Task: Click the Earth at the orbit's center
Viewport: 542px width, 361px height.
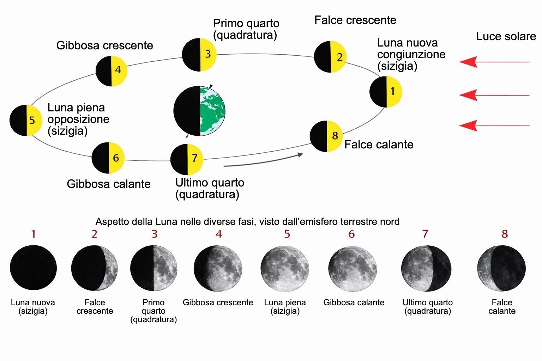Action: click(x=199, y=111)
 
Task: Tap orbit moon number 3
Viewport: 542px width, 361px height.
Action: click(x=199, y=55)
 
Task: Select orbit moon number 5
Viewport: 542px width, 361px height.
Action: click(x=26, y=121)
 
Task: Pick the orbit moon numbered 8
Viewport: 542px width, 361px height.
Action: click(x=326, y=136)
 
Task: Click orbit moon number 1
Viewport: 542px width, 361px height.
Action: click(x=386, y=92)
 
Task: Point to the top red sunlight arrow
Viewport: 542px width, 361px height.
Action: click(x=494, y=62)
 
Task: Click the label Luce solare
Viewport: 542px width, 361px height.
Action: click(x=506, y=37)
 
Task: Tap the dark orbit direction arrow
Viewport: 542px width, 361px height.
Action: click(x=263, y=160)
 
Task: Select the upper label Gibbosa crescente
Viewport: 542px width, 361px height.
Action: click(x=104, y=45)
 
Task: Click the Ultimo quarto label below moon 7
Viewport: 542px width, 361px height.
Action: click(x=210, y=189)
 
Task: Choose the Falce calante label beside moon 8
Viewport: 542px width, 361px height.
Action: click(x=379, y=145)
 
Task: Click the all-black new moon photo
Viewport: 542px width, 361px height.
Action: click(x=34, y=268)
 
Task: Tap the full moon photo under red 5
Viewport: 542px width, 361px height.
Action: click(x=285, y=269)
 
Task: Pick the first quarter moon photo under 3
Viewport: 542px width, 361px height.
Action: click(x=153, y=268)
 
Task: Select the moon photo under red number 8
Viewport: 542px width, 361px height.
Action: click(x=501, y=268)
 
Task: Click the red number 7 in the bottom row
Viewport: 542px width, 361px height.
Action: click(x=425, y=234)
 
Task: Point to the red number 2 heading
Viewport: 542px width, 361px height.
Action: click(x=94, y=234)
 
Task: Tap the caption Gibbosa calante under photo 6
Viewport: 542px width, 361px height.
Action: click(x=354, y=302)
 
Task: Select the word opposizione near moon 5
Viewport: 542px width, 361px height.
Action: click(x=78, y=120)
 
